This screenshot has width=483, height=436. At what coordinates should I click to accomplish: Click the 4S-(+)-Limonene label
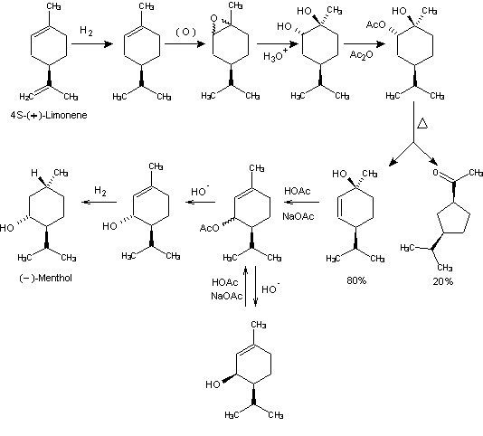49,115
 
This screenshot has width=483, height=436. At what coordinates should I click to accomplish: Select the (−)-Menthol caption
45,278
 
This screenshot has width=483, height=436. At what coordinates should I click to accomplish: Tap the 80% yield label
356,280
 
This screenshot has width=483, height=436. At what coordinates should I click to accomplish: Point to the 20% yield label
442,281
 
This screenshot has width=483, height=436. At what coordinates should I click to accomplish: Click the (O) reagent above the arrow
185,32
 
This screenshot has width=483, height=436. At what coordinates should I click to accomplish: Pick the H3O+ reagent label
275,55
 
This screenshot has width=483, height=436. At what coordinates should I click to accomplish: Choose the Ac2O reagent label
361,55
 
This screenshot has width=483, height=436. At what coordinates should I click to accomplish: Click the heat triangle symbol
422,124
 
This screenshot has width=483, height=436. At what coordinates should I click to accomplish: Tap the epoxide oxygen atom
213,18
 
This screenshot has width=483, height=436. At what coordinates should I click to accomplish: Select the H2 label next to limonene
86,31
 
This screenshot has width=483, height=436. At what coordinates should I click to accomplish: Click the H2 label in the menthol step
100,191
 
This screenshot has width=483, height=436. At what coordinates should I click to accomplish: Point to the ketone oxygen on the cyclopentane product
435,172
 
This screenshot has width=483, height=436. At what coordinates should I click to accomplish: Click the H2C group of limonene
26,97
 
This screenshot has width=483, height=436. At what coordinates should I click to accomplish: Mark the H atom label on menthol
34,173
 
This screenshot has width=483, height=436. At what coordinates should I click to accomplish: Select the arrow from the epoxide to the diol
278,43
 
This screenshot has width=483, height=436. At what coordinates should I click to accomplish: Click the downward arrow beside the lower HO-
255,286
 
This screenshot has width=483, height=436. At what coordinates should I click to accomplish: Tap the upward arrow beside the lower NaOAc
245,286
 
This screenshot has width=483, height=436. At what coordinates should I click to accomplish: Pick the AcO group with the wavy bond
209,228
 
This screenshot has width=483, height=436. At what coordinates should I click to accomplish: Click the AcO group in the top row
375,24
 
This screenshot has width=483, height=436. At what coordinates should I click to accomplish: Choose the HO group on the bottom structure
213,384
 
